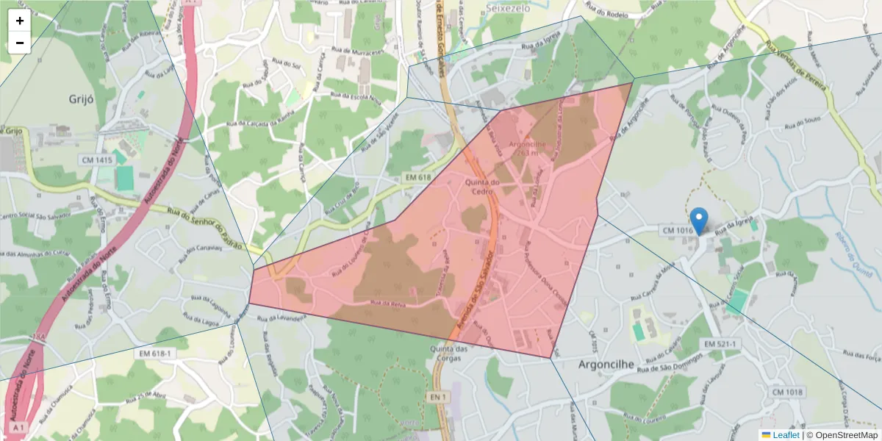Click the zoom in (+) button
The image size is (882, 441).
point(19,21)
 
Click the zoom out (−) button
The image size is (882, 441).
point(19,43)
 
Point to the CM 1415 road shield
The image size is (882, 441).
point(96,159)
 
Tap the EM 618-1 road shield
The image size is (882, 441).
point(154,354)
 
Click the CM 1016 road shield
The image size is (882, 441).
point(678,231)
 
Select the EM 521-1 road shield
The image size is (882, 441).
point(720,344)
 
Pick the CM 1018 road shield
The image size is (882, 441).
point(787,392)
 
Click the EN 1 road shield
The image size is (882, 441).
point(437,398)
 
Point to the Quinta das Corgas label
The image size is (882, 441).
point(449,354)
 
